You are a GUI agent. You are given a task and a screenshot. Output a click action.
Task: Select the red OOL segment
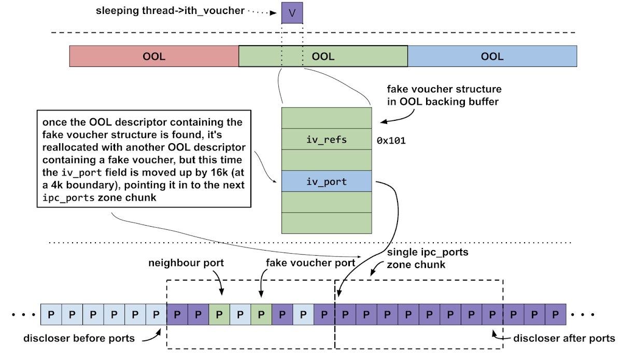tap(154, 56)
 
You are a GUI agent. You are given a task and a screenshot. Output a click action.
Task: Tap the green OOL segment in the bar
tap(323, 56)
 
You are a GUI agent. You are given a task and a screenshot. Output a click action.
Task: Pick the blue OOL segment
tap(492, 56)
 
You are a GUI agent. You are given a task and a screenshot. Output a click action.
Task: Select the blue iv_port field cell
tap(327, 182)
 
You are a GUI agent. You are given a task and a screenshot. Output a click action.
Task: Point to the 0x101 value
tap(391, 140)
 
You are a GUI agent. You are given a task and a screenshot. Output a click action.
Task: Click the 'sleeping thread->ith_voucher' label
tap(170, 10)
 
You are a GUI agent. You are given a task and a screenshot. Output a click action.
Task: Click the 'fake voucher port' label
tap(310, 263)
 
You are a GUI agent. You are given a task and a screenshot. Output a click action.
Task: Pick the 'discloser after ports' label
tap(564, 339)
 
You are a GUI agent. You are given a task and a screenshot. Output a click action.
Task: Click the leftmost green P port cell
tap(219, 315)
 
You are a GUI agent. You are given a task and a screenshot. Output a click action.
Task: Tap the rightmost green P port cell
tap(261, 315)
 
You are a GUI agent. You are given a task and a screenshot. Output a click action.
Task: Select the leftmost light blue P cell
tap(51, 315)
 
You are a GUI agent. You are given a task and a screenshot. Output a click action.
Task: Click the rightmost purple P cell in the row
tap(555, 315)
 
